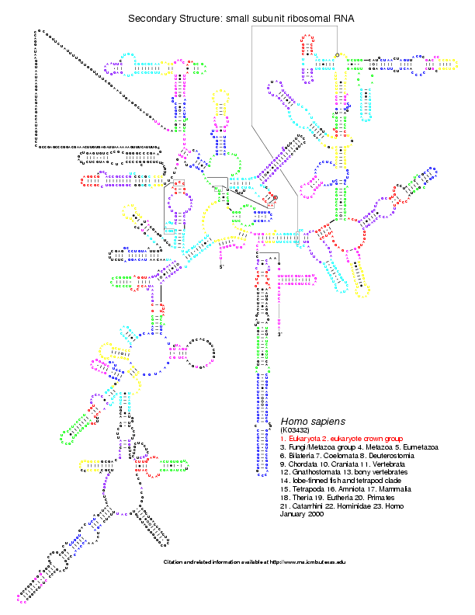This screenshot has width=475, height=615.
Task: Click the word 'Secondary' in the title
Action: point(152,17)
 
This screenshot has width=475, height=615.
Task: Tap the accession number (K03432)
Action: point(296,429)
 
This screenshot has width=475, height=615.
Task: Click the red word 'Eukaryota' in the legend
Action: point(303,439)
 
